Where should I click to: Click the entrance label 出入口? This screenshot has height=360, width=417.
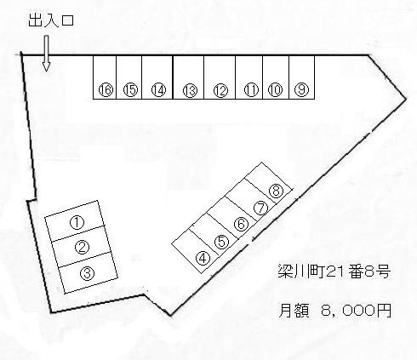point(51,20)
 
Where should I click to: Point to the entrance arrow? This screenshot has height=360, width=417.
point(46,53)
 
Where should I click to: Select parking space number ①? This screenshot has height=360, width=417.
point(77,223)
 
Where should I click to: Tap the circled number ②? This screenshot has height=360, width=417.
point(82,247)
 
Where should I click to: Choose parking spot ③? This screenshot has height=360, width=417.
point(88,273)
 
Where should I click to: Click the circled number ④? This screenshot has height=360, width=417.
point(203,259)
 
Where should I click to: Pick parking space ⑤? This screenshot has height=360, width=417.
point(221,242)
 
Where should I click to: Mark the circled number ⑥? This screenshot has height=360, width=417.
point(242,225)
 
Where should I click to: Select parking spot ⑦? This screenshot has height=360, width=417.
point(260,208)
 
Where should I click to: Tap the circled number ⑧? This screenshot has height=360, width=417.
point(276,191)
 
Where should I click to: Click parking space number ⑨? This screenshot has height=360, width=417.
point(301,89)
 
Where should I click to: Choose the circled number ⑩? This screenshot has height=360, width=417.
point(275,90)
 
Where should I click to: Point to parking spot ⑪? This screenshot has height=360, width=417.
point(251,90)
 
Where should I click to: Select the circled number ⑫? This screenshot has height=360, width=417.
point(220,91)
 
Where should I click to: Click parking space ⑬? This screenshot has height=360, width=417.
point(190,91)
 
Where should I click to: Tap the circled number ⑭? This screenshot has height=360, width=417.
point(158,90)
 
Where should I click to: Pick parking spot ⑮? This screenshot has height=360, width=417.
point(130,90)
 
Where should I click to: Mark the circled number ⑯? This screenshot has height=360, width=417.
point(106,90)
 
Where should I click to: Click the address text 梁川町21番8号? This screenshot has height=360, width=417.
point(334,271)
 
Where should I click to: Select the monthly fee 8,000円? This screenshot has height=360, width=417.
point(357,310)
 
